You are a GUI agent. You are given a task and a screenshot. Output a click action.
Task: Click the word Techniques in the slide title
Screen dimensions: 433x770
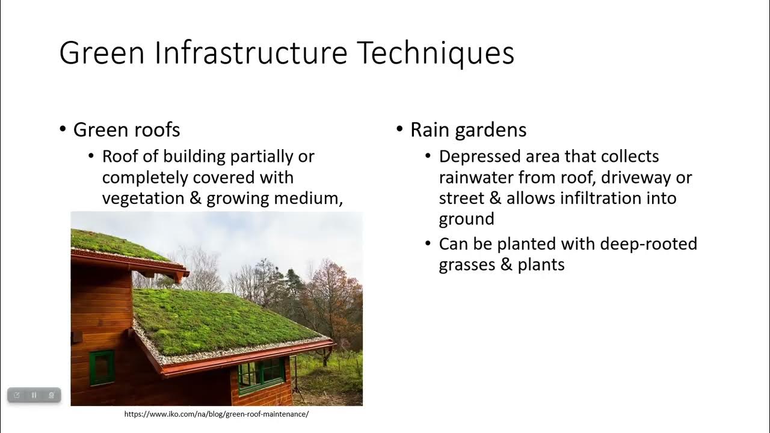pyautogui.click(x=436, y=53)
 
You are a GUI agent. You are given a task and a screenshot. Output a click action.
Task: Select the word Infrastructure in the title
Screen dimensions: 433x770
pyautogui.click(x=251, y=53)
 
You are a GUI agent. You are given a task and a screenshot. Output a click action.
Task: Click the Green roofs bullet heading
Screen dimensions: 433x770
pyautogui.click(x=126, y=130)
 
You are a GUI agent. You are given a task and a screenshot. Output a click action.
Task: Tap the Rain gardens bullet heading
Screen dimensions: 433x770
pyautogui.click(x=468, y=130)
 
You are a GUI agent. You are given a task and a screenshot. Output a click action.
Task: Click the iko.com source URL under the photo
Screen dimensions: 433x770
pyautogui.click(x=217, y=414)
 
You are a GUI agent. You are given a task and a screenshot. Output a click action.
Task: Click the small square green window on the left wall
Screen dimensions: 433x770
pyautogui.click(x=102, y=367)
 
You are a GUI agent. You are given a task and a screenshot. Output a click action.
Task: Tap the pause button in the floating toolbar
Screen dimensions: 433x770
pyautogui.click(x=34, y=395)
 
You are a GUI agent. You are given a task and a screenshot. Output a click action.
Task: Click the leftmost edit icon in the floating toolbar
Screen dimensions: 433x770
pyautogui.click(x=17, y=395)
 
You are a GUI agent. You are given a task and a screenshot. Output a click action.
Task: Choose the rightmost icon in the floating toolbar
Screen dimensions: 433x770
pyautogui.click(x=52, y=395)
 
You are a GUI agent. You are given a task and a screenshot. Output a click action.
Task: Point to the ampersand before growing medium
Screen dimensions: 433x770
pyautogui.click(x=196, y=199)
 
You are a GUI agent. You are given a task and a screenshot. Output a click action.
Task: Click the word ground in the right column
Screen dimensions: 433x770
pyautogui.click(x=466, y=220)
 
